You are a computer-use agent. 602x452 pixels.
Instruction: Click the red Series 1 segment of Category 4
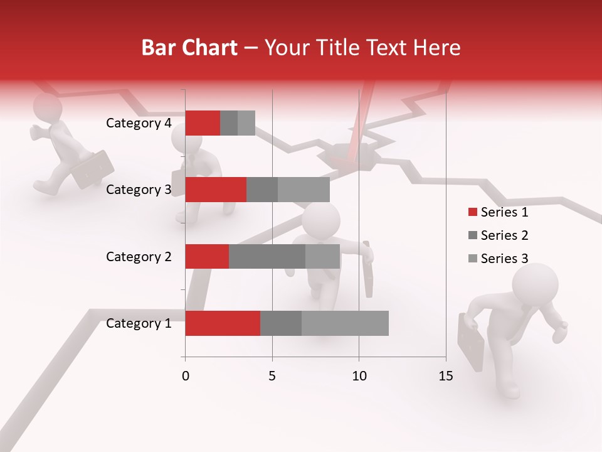point(203,123)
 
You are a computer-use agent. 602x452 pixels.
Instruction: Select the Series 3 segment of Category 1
point(345,323)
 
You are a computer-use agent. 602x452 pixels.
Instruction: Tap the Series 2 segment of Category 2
point(267,256)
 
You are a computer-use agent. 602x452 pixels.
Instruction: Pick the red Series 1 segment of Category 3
point(216,190)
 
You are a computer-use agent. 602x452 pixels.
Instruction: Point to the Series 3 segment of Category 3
point(304,190)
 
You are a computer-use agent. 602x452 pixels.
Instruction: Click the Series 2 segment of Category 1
point(281,323)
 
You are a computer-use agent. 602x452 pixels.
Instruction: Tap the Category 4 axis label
point(139,123)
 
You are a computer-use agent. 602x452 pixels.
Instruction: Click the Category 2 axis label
point(139,257)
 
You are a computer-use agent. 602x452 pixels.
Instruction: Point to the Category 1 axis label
point(139,323)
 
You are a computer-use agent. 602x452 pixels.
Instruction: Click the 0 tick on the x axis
point(186,376)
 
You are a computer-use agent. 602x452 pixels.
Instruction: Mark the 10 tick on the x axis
point(359,376)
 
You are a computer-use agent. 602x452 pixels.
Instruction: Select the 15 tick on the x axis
point(445,376)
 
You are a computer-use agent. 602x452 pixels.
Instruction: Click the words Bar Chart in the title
point(189,48)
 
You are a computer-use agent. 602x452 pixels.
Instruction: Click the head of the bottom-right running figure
point(535,284)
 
